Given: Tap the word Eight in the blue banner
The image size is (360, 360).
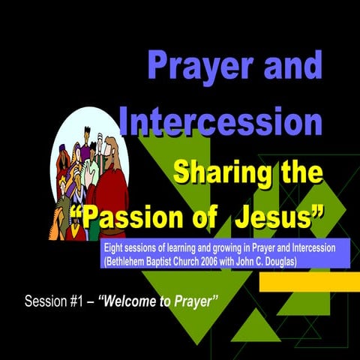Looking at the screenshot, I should point(115,247).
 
